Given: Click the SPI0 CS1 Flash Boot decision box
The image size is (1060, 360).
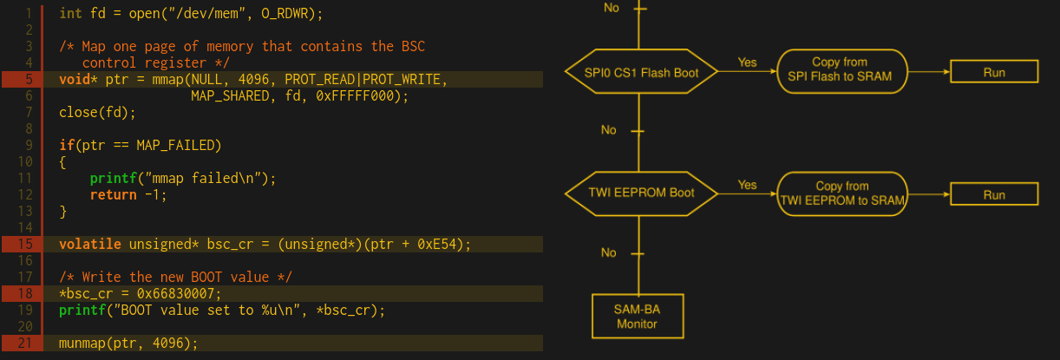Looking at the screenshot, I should (643, 72).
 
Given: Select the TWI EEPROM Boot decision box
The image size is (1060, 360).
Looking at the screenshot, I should (643, 193).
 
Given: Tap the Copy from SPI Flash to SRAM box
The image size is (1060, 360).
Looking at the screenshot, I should (840, 69).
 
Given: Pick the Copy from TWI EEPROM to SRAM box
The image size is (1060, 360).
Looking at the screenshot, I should (842, 193).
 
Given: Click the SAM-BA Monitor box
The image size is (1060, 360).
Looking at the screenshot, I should (638, 317).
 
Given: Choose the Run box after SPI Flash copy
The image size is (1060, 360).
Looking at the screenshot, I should (994, 72).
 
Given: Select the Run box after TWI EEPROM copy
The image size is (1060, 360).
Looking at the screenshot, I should (994, 194).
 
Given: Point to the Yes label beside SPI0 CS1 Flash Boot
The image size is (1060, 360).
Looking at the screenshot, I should (747, 62).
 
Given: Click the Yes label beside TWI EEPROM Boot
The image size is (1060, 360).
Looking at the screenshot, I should (747, 185).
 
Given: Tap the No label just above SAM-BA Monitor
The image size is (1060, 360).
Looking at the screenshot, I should (609, 252).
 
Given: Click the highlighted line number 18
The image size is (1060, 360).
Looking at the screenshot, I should (23, 293).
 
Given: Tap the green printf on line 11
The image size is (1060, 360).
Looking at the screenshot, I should (109, 179).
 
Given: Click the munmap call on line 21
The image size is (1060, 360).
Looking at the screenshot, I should (82, 344).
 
